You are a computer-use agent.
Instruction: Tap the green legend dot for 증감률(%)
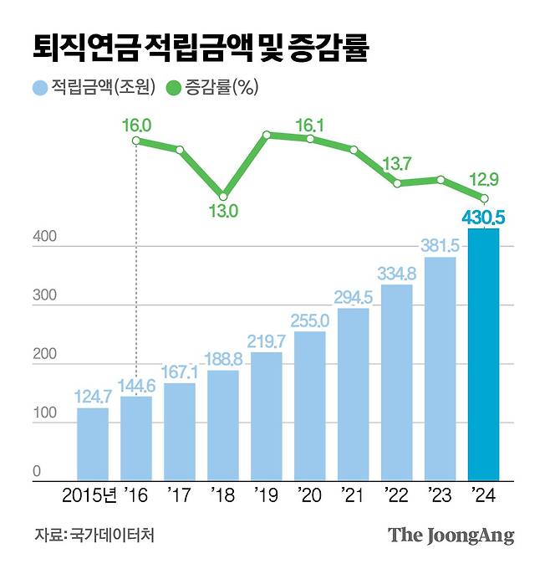pyautogui.click(x=173, y=86)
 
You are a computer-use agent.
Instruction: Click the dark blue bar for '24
pyautogui.click(x=483, y=355)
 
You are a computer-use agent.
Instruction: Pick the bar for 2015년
pyautogui.click(x=93, y=443)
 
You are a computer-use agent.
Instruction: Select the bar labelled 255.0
pyautogui.click(x=310, y=406)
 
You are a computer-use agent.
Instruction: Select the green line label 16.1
pyautogui.click(x=310, y=125)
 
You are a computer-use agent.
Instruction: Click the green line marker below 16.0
pyautogui.click(x=136, y=141)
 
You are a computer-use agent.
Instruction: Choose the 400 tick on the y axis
pyautogui.click(x=44, y=238)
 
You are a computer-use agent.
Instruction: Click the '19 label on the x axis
pyautogui.click(x=267, y=496)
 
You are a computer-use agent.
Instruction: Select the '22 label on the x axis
pyautogui.click(x=397, y=496)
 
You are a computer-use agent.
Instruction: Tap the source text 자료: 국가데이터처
pyautogui.click(x=94, y=534)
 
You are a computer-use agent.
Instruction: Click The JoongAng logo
pyautogui.click(x=451, y=536)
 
